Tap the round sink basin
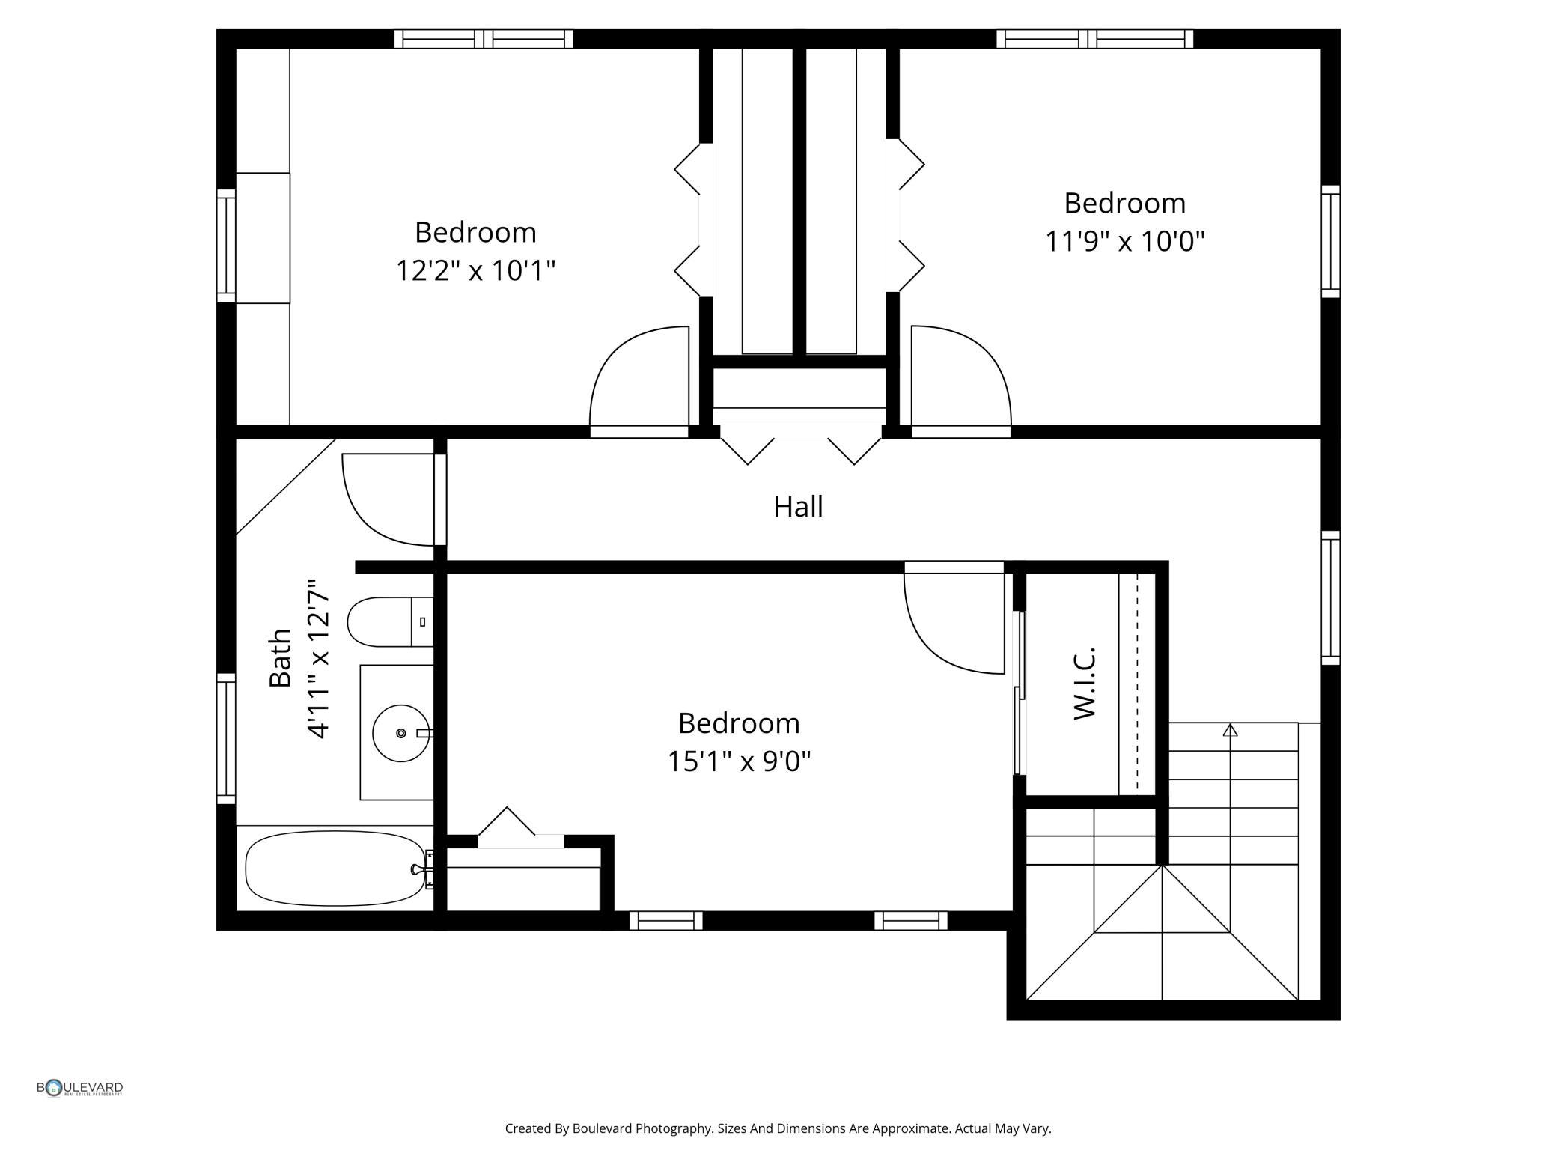pos(400,732)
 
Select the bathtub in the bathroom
pos(335,868)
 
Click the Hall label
pos(798,507)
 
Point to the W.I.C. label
pos(1085,683)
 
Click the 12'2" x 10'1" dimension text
pos(475,270)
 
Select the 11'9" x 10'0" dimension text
pos(1124,241)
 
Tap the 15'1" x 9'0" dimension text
pos(739,761)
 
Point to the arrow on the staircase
pos(1230,730)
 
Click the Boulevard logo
pos(79,1088)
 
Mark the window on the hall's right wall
pos(1329,597)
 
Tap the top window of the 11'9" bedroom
pos(1094,39)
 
